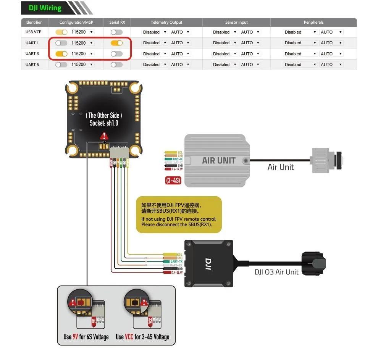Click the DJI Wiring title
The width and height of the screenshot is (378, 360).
click(x=45, y=8)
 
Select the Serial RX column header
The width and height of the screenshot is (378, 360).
click(x=117, y=23)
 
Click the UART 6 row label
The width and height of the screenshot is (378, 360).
click(x=32, y=65)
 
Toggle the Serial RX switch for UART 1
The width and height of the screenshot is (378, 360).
click(x=116, y=43)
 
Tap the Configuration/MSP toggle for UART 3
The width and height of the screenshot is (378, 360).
click(x=61, y=54)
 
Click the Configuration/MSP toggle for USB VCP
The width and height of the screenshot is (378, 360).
click(x=61, y=32)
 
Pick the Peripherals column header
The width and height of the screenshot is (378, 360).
click(x=313, y=23)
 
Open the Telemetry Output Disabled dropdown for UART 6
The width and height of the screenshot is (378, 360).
click(x=155, y=65)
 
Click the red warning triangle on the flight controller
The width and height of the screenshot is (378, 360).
click(x=104, y=136)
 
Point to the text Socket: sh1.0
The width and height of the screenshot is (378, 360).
click(x=104, y=123)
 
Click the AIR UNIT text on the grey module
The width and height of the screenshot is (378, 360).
click(x=218, y=160)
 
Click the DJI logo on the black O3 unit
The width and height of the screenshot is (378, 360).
click(x=208, y=264)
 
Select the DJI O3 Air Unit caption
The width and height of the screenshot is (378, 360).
click(x=276, y=272)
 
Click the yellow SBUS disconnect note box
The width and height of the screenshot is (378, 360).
click(x=179, y=215)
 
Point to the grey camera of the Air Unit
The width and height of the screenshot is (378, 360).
click(x=326, y=160)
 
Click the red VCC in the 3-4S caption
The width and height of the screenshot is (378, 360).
click(x=129, y=337)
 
